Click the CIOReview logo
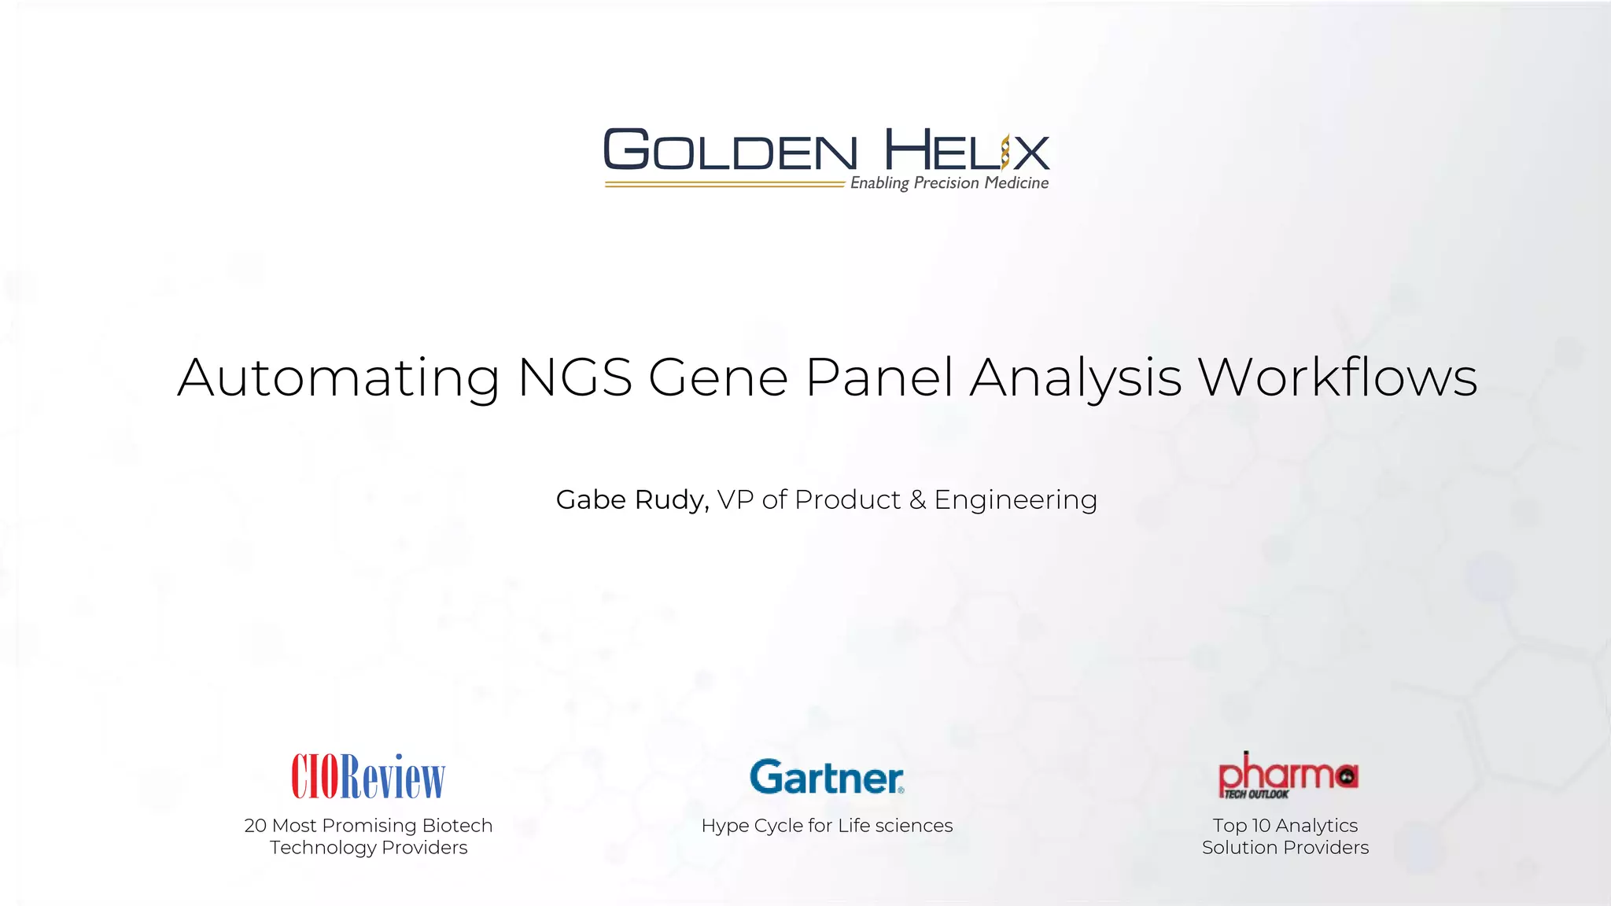368,776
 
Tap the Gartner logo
827,777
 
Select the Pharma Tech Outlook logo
1288,775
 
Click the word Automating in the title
338,378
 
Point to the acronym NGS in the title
575,377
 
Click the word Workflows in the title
1337,377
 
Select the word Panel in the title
879,377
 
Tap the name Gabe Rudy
631,500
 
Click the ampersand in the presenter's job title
917,500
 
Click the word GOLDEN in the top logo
730,150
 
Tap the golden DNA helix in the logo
1005,152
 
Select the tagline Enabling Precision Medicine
949,183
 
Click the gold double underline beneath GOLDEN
724,185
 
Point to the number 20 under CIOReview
256,826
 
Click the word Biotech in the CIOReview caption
457,826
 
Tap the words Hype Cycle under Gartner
751,826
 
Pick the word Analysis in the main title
1075,378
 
